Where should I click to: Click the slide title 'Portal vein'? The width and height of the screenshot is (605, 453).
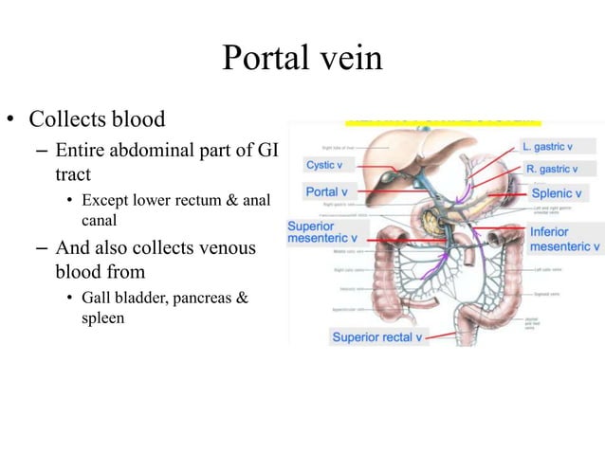[x=302, y=59]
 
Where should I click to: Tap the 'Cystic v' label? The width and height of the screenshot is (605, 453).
[x=323, y=165]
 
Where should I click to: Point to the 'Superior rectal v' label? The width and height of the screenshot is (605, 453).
[x=376, y=336]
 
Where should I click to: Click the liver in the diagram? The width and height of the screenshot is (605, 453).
[x=398, y=152]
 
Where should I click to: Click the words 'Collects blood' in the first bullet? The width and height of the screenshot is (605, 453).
[x=97, y=120]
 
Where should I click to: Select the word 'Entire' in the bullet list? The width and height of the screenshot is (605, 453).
[x=80, y=152]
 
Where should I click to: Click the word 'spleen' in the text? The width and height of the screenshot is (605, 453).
[x=103, y=318]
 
